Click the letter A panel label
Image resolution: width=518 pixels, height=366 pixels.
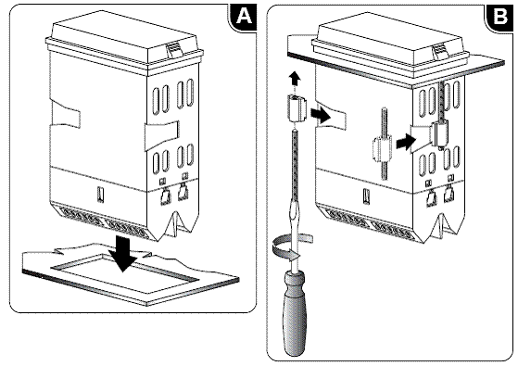click(x=245, y=16)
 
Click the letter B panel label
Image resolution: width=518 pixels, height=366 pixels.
click(x=500, y=17)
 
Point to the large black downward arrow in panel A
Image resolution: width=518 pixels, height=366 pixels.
click(x=123, y=253)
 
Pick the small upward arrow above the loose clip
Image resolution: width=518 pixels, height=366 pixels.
click(x=295, y=81)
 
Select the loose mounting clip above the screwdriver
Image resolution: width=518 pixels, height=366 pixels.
click(x=296, y=107)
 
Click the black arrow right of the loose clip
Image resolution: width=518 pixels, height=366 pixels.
click(x=321, y=115)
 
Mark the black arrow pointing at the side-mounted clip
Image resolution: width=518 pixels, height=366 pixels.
click(x=405, y=143)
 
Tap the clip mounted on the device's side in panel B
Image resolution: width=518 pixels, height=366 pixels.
click(x=440, y=133)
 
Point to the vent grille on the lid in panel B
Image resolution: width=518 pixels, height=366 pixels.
click(x=440, y=51)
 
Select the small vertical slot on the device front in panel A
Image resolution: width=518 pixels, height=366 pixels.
click(x=100, y=195)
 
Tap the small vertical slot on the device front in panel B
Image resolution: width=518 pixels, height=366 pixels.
click(x=367, y=196)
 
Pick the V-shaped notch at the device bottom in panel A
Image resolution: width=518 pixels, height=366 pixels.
click(x=174, y=223)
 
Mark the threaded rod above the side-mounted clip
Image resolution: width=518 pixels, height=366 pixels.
click(x=441, y=102)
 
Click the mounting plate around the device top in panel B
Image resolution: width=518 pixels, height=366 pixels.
click(x=397, y=61)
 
